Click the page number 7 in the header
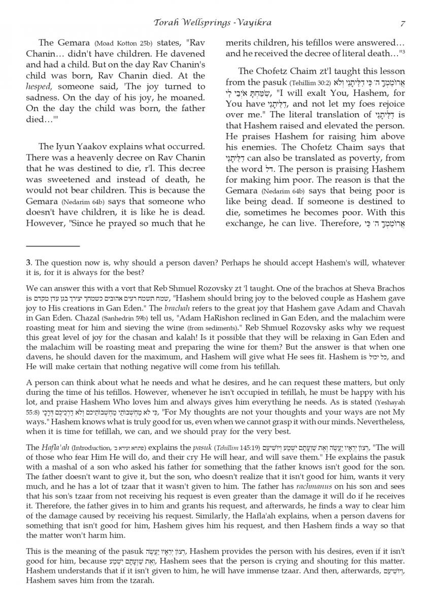tap(402, 23)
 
